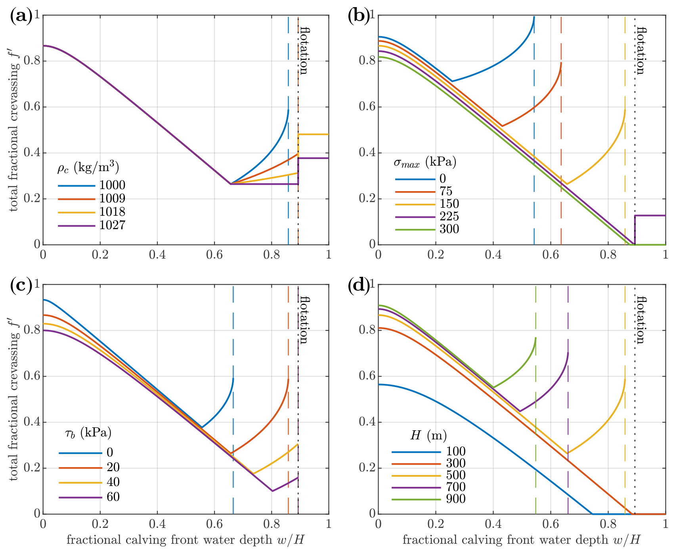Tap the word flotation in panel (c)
click(304, 320)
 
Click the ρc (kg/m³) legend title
click(88, 168)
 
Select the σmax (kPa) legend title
click(425, 162)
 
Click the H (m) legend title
click(428, 436)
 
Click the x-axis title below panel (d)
click(521, 540)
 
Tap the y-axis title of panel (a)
click(14, 130)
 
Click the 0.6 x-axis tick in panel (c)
click(214, 524)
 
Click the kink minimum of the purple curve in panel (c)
click(272, 491)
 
